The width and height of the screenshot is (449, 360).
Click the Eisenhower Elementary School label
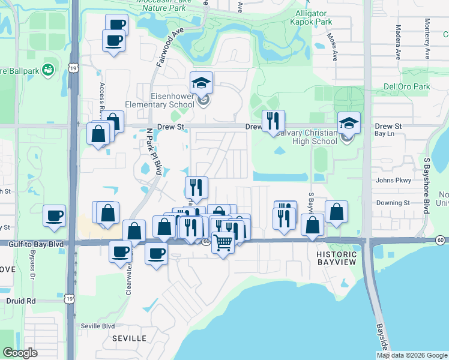pos(164,100)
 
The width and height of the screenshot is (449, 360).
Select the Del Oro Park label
pos(406,86)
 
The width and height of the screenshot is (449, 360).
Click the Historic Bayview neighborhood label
pos(336,259)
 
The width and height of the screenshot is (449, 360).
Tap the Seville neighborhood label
pos(129,338)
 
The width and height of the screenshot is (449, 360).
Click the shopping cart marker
pos(223,242)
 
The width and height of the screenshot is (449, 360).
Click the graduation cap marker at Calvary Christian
pos(349,123)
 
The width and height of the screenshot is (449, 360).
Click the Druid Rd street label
pos(22,300)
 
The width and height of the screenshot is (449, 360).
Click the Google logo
pos(20,353)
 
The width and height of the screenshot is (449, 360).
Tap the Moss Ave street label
pos(332,47)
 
